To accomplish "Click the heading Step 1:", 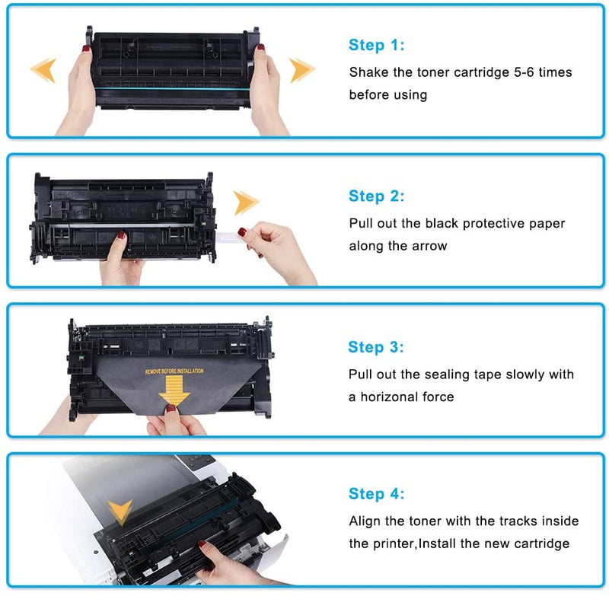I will (x=377, y=45).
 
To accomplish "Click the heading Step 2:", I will (x=377, y=196).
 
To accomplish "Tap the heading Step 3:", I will (x=376, y=347).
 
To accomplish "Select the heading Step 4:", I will (x=377, y=494).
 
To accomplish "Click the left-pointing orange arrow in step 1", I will (x=43, y=70).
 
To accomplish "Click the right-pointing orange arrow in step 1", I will (x=302, y=70).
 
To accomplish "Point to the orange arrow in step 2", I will (x=246, y=202).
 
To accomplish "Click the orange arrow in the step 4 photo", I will (x=120, y=509).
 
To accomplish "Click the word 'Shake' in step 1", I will (x=368, y=72).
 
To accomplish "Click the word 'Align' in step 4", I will (x=365, y=521).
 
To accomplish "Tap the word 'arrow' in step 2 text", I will (x=431, y=247).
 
